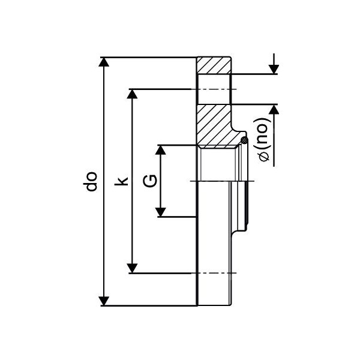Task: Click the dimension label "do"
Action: click(92, 181)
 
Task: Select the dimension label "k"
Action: click(121, 181)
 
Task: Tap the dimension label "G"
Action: click(150, 181)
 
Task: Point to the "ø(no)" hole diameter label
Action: click(263, 140)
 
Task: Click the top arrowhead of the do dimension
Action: click(104, 62)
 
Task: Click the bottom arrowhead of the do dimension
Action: click(104, 301)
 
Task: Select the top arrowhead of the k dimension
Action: click(132, 94)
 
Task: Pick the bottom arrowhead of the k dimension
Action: click(132, 268)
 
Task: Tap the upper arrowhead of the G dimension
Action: click(160, 150)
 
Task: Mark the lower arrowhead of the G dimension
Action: click(160, 212)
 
